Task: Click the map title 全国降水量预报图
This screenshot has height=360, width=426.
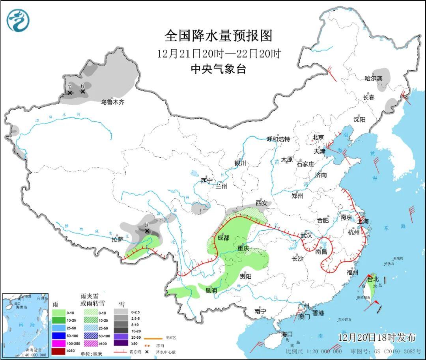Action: (x=219, y=36)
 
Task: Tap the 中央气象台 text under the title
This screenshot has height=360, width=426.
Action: (x=218, y=69)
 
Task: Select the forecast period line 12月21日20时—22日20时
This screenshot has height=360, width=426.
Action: (x=219, y=54)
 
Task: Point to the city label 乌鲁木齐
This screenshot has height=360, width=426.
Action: (x=112, y=102)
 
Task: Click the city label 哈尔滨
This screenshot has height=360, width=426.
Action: (x=373, y=78)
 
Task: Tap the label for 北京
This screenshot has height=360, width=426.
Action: (x=318, y=137)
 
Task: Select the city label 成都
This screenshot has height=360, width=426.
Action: (x=223, y=238)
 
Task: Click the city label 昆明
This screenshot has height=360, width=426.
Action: (x=211, y=291)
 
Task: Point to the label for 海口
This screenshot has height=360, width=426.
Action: (x=287, y=334)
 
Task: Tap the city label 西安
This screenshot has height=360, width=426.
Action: (x=261, y=203)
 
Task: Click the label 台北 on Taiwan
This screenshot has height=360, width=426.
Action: (x=373, y=279)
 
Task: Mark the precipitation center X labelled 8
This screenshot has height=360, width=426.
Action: (x=147, y=231)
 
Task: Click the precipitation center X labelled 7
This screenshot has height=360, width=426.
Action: (x=69, y=93)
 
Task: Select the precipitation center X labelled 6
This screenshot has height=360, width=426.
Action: (x=83, y=91)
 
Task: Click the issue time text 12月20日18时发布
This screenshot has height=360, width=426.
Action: (x=377, y=338)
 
